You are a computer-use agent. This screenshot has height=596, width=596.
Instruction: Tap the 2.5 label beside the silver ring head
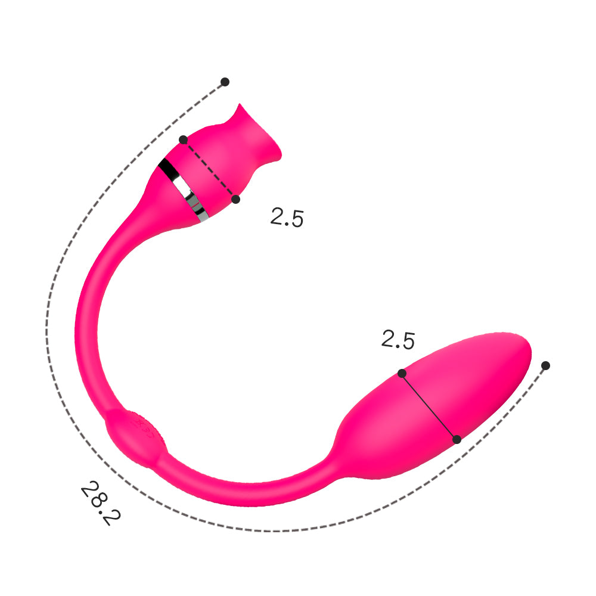point(287,218)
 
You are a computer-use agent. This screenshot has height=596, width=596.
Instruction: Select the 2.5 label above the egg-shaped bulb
point(398,340)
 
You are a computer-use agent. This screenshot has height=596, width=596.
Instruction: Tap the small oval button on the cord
point(136,433)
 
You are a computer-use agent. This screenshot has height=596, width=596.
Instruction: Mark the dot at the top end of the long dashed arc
point(225,81)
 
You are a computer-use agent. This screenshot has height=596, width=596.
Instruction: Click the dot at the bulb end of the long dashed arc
point(545,365)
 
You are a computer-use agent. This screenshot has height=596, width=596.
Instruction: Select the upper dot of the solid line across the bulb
point(402,373)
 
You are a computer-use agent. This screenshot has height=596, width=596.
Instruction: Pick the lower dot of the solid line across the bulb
point(457,439)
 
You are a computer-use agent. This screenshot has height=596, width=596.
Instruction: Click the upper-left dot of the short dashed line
point(183,139)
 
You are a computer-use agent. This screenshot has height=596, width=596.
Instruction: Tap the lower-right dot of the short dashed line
point(235,198)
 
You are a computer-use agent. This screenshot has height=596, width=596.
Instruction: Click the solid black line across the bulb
point(429,406)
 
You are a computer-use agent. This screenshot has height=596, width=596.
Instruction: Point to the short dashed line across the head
point(209,169)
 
